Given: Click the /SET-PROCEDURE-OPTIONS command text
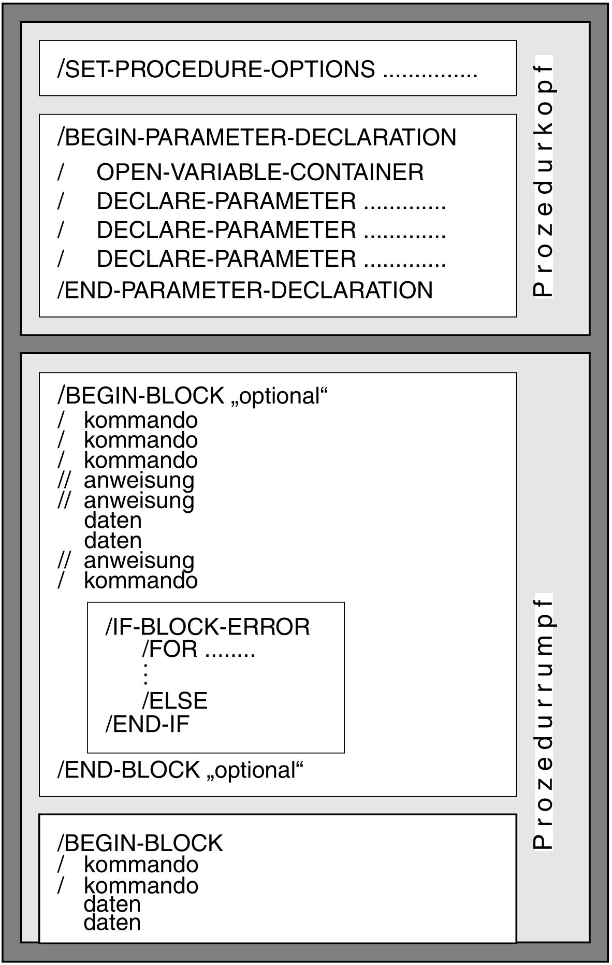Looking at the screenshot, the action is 216,69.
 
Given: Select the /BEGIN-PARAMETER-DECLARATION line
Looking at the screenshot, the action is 257,137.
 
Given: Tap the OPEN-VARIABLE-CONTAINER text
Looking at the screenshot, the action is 260,172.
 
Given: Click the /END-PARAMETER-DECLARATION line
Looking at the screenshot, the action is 245,290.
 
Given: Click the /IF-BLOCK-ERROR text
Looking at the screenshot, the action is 208,627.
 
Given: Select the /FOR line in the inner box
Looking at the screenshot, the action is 198,649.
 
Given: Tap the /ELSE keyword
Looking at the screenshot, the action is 174,700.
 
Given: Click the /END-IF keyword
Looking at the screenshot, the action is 147,724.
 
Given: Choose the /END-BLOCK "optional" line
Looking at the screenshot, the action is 180,770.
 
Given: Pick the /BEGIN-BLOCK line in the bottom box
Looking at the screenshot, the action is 140,843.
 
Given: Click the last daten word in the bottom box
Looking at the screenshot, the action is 112,923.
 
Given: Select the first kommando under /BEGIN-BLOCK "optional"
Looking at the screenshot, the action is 141,420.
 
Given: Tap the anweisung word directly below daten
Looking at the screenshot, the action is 139,561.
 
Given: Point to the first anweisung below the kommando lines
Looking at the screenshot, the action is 139,481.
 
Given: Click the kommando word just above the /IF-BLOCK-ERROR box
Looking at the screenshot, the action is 141,581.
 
